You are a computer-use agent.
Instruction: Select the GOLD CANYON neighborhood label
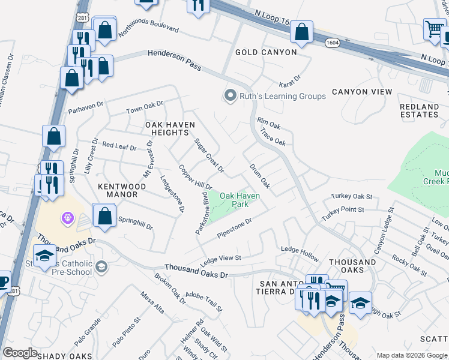point(265,52)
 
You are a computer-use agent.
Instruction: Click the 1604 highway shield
point(333,43)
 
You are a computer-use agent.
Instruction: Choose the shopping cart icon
point(434,29)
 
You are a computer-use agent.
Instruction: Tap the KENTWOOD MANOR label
point(122,191)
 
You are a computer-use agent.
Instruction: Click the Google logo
point(20,353)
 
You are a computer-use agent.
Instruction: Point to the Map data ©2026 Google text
point(411,355)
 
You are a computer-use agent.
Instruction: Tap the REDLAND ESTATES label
point(419,110)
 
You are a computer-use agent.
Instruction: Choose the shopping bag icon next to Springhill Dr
point(104,216)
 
